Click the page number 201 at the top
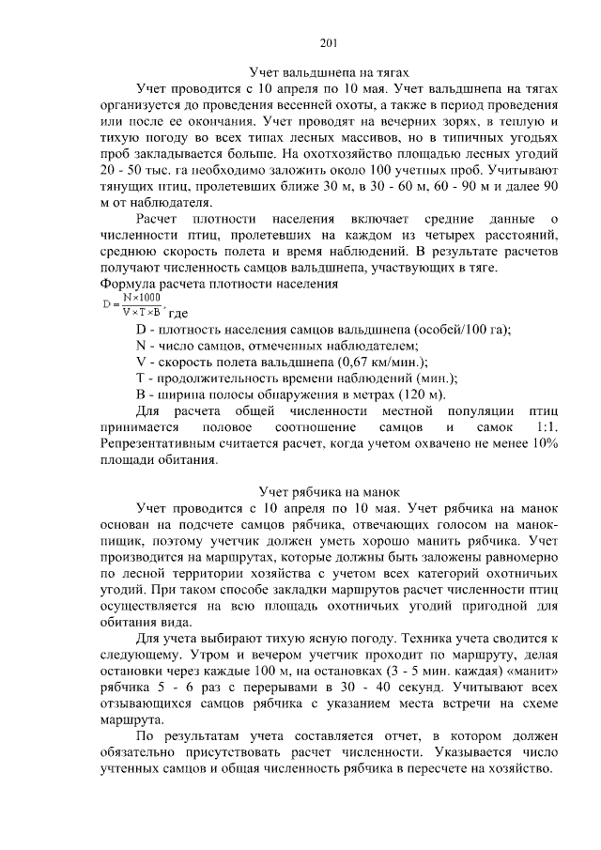(x=328, y=41)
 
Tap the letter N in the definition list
(x=142, y=345)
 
